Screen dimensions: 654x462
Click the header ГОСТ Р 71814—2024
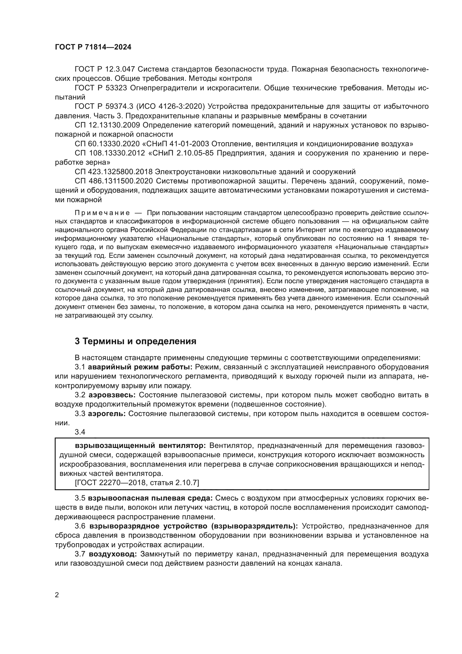click(x=93, y=47)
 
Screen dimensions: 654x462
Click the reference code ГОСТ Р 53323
click(x=101, y=88)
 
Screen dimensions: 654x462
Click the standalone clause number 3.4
click(x=80, y=432)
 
